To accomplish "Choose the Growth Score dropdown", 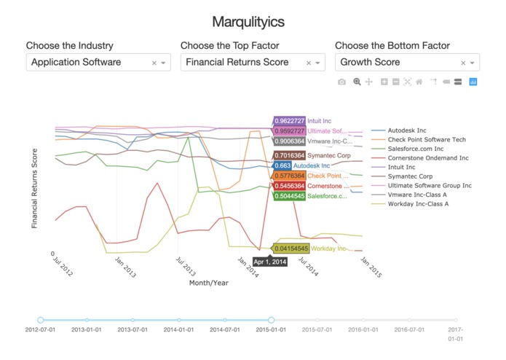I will point(398,63).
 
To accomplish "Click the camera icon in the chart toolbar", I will point(341,82).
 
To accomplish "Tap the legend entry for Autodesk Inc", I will point(406,130).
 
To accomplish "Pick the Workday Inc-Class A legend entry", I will point(418,204).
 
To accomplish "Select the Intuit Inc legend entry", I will point(401,167).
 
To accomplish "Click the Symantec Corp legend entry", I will point(410,176).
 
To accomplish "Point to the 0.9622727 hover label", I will point(290,121).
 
